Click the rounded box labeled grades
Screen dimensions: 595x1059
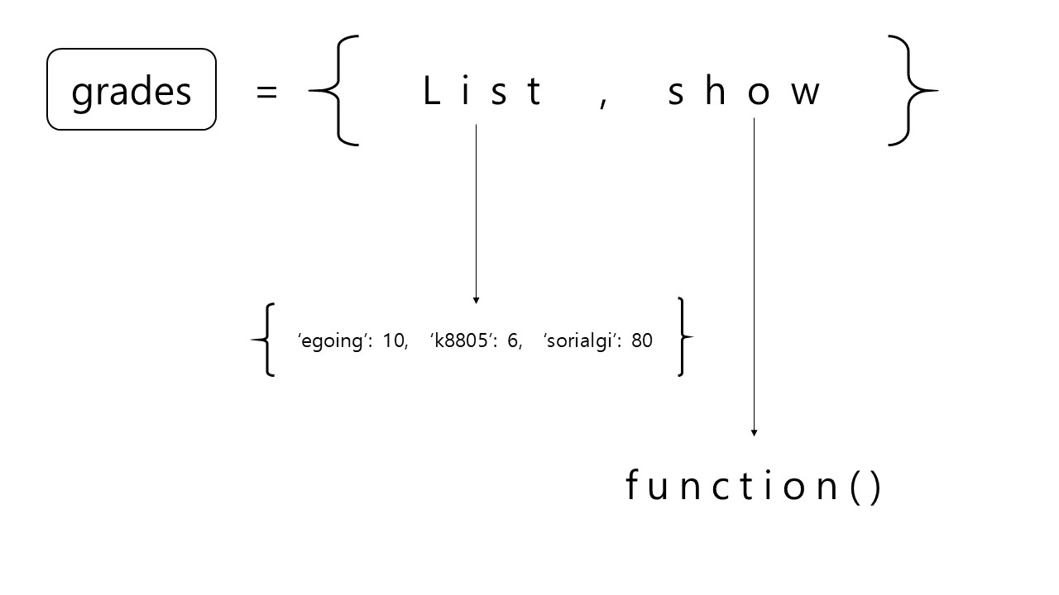click(x=132, y=89)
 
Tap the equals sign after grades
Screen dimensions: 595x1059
click(x=266, y=91)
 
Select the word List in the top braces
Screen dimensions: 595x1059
click(x=482, y=91)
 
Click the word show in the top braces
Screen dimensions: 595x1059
click(x=744, y=91)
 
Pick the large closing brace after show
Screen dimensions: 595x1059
click(x=910, y=91)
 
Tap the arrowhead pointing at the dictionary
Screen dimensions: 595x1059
click(x=476, y=300)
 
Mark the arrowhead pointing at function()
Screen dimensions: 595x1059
click(x=754, y=432)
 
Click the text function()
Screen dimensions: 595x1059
click(x=754, y=486)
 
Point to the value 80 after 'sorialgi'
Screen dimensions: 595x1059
click(x=642, y=340)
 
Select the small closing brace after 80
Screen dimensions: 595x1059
click(x=683, y=337)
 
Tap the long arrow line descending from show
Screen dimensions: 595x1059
click(x=754, y=273)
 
